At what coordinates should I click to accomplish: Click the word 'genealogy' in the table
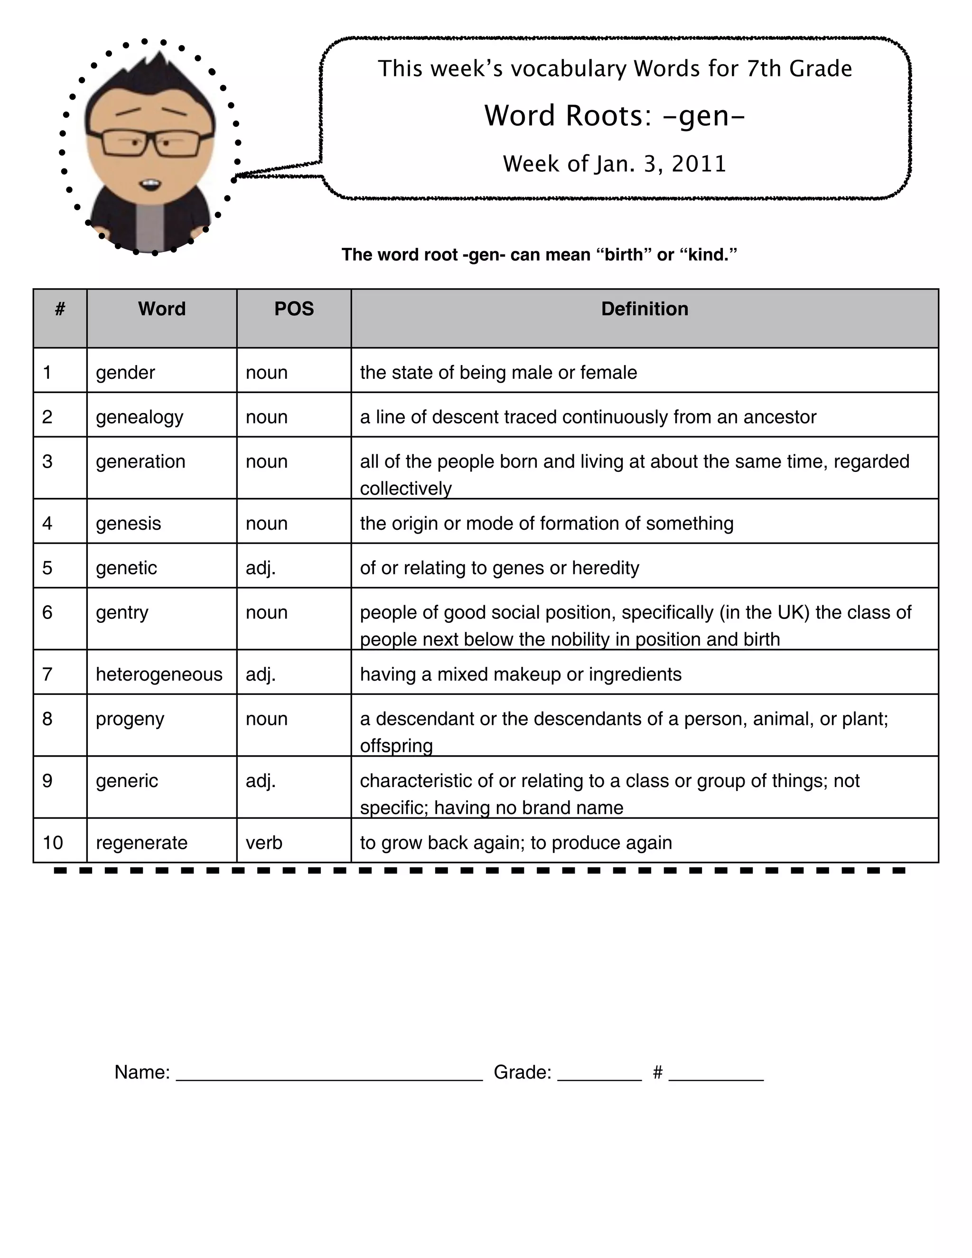[140, 417]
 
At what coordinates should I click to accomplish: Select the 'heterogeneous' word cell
[159, 674]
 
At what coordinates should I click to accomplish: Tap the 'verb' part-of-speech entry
[264, 843]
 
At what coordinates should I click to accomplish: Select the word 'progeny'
[130, 719]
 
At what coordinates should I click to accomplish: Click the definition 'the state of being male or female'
[498, 373]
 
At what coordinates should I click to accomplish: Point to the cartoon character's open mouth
[151, 185]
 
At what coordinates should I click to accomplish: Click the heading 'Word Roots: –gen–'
[615, 115]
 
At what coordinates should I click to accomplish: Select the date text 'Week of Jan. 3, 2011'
[615, 164]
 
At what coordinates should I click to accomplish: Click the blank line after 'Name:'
[329, 1074]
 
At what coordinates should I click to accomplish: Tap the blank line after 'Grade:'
[599, 1074]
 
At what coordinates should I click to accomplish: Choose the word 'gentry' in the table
[122, 612]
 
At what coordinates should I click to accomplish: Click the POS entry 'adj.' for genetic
[261, 568]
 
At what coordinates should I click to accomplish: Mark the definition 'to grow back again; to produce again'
[516, 843]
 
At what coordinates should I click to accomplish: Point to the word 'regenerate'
[141, 843]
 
